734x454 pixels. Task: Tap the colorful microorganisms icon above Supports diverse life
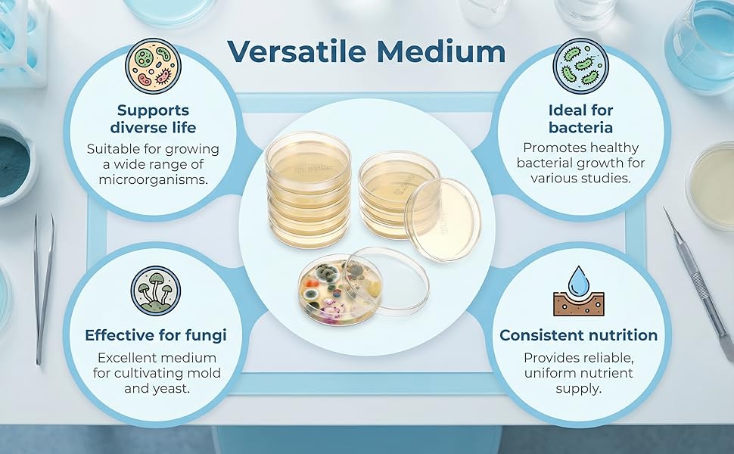pyautogui.click(x=153, y=66)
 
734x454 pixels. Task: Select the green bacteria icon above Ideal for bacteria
pyautogui.click(x=581, y=66)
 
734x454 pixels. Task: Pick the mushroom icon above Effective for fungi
pyautogui.click(x=155, y=291)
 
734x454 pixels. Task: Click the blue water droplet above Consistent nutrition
pyautogui.click(x=579, y=281)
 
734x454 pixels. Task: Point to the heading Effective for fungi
pyautogui.click(x=156, y=335)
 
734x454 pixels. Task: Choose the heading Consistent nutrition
pyautogui.click(x=579, y=335)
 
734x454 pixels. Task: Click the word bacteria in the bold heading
pyautogui.click(x=580, y=127)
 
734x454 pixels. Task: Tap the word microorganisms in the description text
pyautogui.click(x=153, y=180)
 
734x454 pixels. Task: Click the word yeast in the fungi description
pyautogui.click(x=173, y=388)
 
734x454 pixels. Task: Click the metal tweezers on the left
pyautogui.click(x=44, y=289)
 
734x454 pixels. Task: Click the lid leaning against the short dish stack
pyautogui.click(x=443, y=219)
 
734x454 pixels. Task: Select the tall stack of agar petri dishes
pyautogui.click(x=308, y=189)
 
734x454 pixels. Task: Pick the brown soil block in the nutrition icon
pyautogui.click(x=579, y=303)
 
